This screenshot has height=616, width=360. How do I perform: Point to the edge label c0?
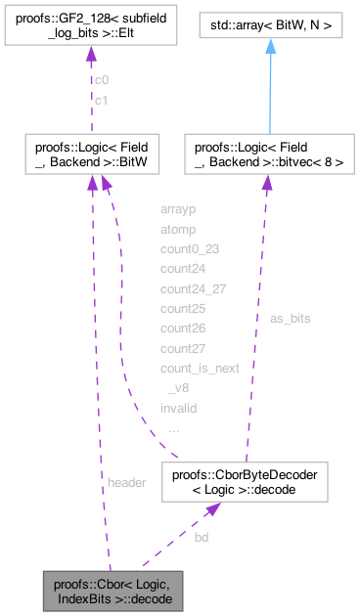pos(101,79)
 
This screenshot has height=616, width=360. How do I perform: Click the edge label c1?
pos(101,99)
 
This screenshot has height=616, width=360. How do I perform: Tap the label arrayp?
pos(177,208)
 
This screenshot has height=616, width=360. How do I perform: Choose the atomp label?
pos(177,229)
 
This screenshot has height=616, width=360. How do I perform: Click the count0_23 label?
pos(190,248)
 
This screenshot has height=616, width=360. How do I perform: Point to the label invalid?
pos(177,408)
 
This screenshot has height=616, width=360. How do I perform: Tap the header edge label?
pos(126,483)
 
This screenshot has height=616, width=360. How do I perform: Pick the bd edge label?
pos(201,537)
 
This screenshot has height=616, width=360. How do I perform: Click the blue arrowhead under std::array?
pos(269,46)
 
